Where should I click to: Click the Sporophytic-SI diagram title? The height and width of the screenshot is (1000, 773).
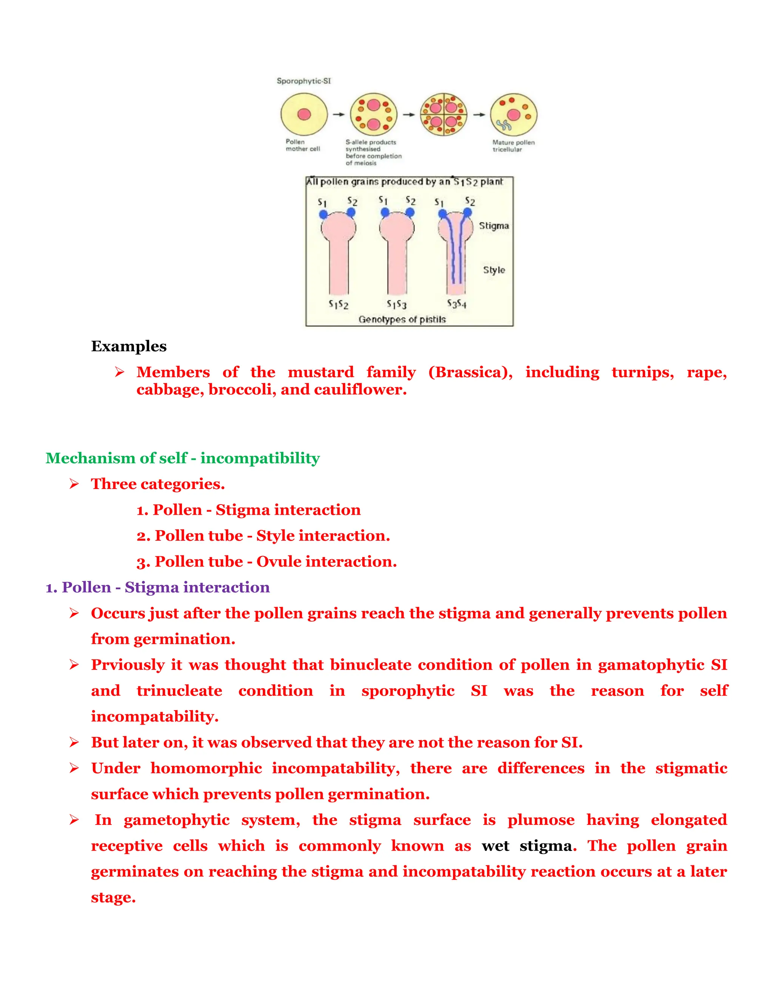pyautogui.click(x=303, y=81)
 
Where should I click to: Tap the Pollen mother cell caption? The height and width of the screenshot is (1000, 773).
pyautogui.click(x=303, y=145)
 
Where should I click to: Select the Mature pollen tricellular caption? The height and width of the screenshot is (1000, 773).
pyautogui.click(x=513, y=146)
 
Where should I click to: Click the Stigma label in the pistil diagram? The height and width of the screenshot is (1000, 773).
pyautogui.click(x=494, y=226)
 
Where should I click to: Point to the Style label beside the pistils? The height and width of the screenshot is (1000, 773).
pyautogui.click(x=494, y=270)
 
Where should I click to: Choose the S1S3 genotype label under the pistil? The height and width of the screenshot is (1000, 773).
pyautogui.click(x=397, y=304)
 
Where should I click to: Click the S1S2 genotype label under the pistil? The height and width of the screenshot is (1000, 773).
pyautogui.click(x=339, y=304)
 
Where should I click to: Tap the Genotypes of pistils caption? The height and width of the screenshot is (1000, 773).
pyautogui.click(x=402, y=319)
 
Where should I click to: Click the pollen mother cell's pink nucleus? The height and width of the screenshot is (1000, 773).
pyautogui.click(x=304, y=114)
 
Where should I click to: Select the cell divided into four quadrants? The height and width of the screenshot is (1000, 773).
pyautogui.click(x=443, y=114)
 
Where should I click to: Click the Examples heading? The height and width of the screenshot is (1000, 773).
pyautogui.click(x=129, y=346)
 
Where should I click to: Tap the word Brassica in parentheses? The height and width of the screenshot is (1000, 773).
pyautogui.click(x=470, y=372)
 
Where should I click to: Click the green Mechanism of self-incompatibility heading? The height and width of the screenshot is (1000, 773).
pyautogui.click(x=182, y=458)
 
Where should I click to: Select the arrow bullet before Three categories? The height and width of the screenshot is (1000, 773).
pyautogui.click(x=74, y=484)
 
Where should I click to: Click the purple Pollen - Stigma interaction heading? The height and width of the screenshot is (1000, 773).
pyautogui.click(x=157, y=588)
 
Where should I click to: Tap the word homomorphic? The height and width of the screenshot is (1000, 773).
pyautogui.click(x=206, y=768)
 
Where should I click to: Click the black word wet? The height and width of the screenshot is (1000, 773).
pyautogui.click(x=495, y=846)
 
